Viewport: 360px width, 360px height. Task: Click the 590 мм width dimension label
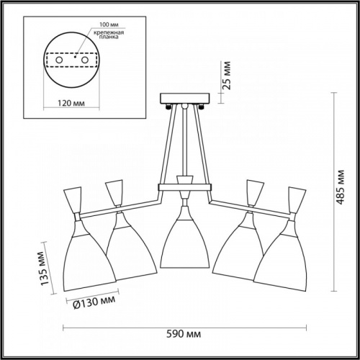coord(184,334)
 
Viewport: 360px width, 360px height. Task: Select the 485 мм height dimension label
coord(341,187)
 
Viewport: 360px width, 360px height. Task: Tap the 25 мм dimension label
coord(226,76)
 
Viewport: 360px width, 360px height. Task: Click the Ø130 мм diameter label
coord(94,302)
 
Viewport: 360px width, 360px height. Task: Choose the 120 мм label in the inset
coord(71,103)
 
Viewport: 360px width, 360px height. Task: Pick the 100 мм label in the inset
coord(109,24)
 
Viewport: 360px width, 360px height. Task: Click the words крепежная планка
coord(109,35)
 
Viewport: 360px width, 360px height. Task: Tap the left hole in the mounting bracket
coord(59,60)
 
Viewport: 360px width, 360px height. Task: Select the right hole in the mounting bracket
coord(84,60)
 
